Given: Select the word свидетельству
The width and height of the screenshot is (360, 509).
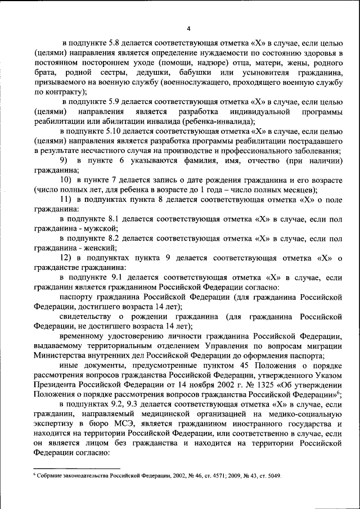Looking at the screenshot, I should pos(91,317).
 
